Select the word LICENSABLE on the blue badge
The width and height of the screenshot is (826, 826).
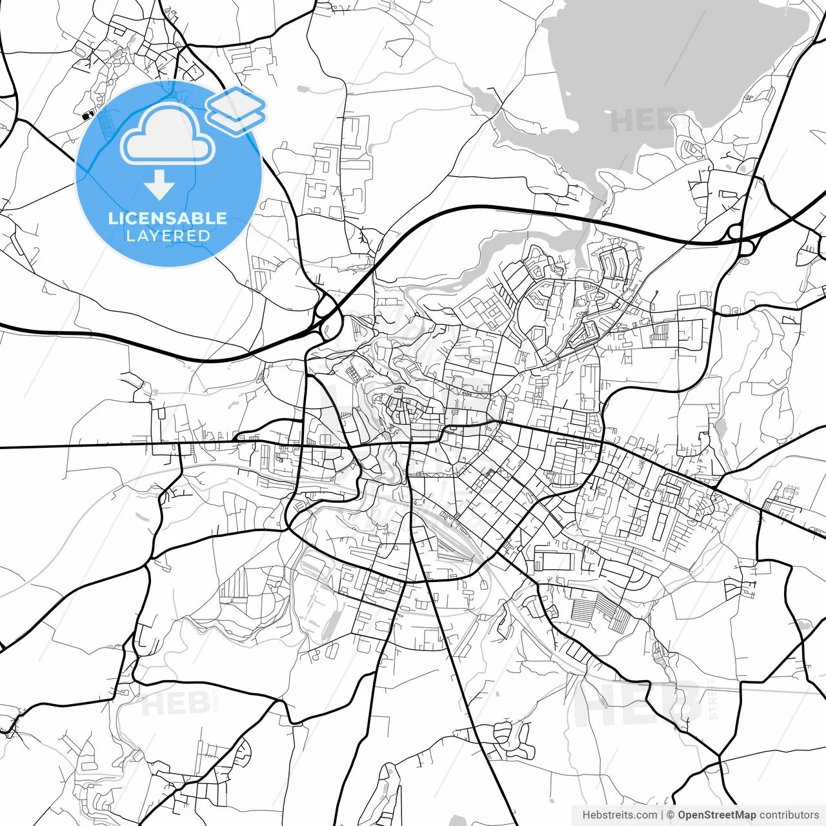click(168, 218)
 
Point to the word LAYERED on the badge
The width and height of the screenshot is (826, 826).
click(168, 236)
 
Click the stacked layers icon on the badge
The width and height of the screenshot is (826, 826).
click(236, 111)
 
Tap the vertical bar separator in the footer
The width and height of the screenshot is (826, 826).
click(662, 815)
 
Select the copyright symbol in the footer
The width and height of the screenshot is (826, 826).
click(670, 815)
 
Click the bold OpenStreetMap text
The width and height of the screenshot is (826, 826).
click(716, 815)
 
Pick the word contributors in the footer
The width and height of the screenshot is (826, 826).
click(789, 815)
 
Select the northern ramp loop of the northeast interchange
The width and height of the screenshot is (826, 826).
click(734, 232)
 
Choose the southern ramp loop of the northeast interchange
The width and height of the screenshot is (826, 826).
click(747, 247)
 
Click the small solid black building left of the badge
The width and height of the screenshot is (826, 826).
click(86, 116)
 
